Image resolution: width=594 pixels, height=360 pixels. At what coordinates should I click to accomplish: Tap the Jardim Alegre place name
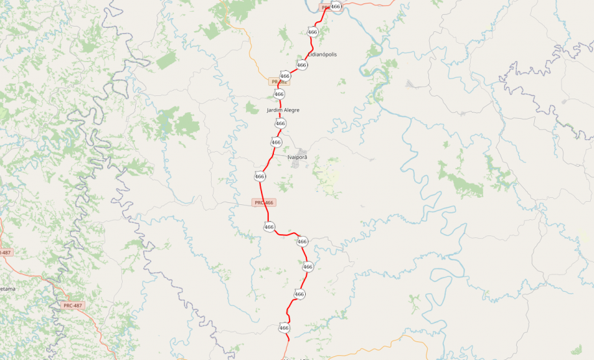tap(283, 110)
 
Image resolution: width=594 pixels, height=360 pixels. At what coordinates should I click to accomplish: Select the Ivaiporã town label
tap(296, 157)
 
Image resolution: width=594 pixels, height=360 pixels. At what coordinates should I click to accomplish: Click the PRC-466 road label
tap(264, 203)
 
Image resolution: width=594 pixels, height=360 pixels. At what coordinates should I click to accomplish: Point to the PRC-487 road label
tap(73, 306)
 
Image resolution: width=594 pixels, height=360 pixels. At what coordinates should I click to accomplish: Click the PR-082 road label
tap(279, 82)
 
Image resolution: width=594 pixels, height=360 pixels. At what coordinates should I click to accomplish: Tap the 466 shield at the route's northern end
tap(335, 6)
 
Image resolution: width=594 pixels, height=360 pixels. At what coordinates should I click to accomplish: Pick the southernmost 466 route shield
tap(284, 328)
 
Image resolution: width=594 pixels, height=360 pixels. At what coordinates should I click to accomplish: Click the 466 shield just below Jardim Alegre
tap(280, 123)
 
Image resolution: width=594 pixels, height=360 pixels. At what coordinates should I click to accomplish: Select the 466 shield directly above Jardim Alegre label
tap(279, 95)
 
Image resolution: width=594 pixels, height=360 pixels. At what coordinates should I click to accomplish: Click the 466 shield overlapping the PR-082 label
tap(285, 76)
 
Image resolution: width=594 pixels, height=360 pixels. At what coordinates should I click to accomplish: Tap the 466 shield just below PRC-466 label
tap(269, 226)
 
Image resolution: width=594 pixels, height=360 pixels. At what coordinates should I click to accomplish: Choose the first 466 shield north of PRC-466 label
tap(260, 176)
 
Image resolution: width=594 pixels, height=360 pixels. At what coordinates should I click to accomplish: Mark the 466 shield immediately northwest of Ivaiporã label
tap(276, 142)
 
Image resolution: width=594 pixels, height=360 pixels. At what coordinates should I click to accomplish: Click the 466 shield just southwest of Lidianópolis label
tap(302, 66)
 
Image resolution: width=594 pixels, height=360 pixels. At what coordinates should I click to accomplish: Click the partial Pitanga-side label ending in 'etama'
tap(7, 289)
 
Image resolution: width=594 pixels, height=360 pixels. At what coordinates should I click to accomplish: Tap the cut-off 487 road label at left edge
tap(5, 252)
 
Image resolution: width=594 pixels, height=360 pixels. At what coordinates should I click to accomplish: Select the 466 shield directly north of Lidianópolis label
tap(313, 32)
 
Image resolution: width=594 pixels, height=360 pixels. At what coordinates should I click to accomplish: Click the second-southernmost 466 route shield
tap(299, 294)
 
